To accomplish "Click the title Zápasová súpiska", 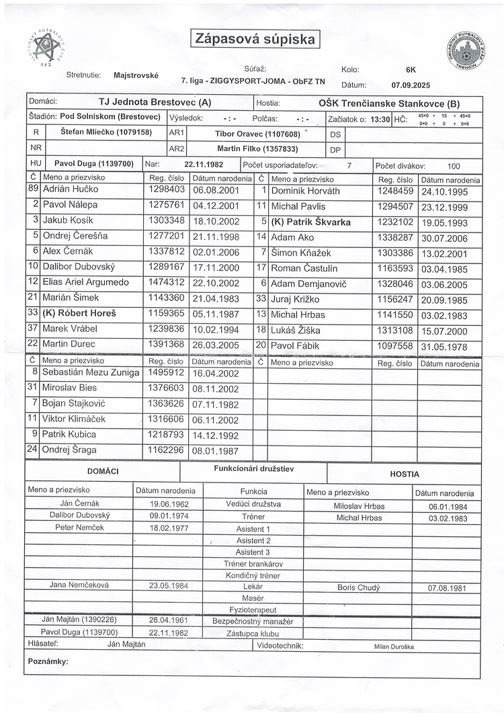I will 255,39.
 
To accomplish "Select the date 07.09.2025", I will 411,85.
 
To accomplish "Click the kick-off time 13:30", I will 379,119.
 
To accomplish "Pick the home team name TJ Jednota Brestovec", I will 155,103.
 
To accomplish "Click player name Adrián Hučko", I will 71,190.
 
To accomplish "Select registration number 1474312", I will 165,282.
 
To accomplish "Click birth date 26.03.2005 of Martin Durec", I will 216,345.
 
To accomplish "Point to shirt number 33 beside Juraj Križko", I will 261,298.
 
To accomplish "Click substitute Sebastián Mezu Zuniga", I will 91,372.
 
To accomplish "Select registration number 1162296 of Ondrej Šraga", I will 165,450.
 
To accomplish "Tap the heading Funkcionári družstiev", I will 254,468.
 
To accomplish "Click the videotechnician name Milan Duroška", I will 394,646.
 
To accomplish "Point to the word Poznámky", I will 48,661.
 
